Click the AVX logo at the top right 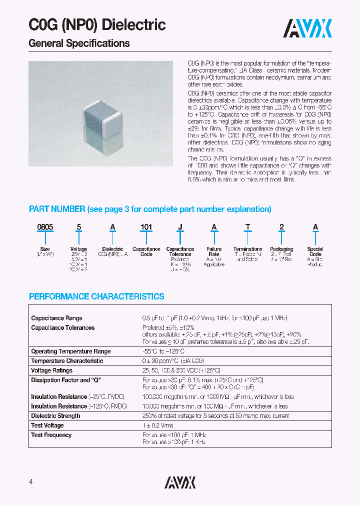[307, 28]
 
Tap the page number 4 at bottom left [31, 482]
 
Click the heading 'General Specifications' [79, 43]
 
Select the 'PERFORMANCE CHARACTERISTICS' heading [96, 296]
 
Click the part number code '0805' [45, 227]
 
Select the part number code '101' [146, 227]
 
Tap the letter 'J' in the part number [180, 227]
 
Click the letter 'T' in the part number [247, 227]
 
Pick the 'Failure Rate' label [214, 251]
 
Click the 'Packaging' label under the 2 [281, 249]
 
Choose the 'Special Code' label [315, 251]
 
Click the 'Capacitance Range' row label [56, 318]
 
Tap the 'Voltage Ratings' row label [51, 370]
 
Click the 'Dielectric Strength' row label [55, 416]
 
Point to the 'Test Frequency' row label [51, 435]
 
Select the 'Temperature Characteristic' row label [67, 361]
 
